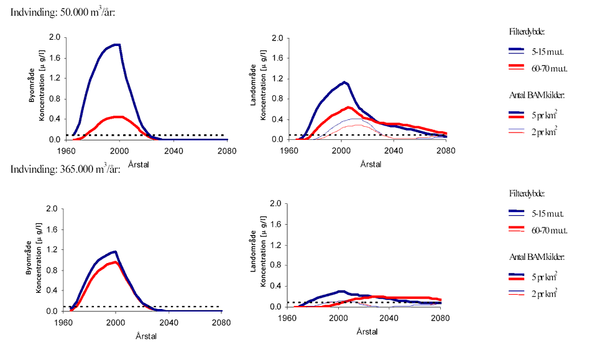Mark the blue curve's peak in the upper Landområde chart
tap(344, 81)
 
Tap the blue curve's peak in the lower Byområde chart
tap(115, 251)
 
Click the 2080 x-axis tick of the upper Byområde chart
tap(227, 150)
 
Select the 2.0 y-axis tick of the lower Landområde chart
tap(277, 204)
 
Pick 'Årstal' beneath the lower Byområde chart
tap(146, 336)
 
